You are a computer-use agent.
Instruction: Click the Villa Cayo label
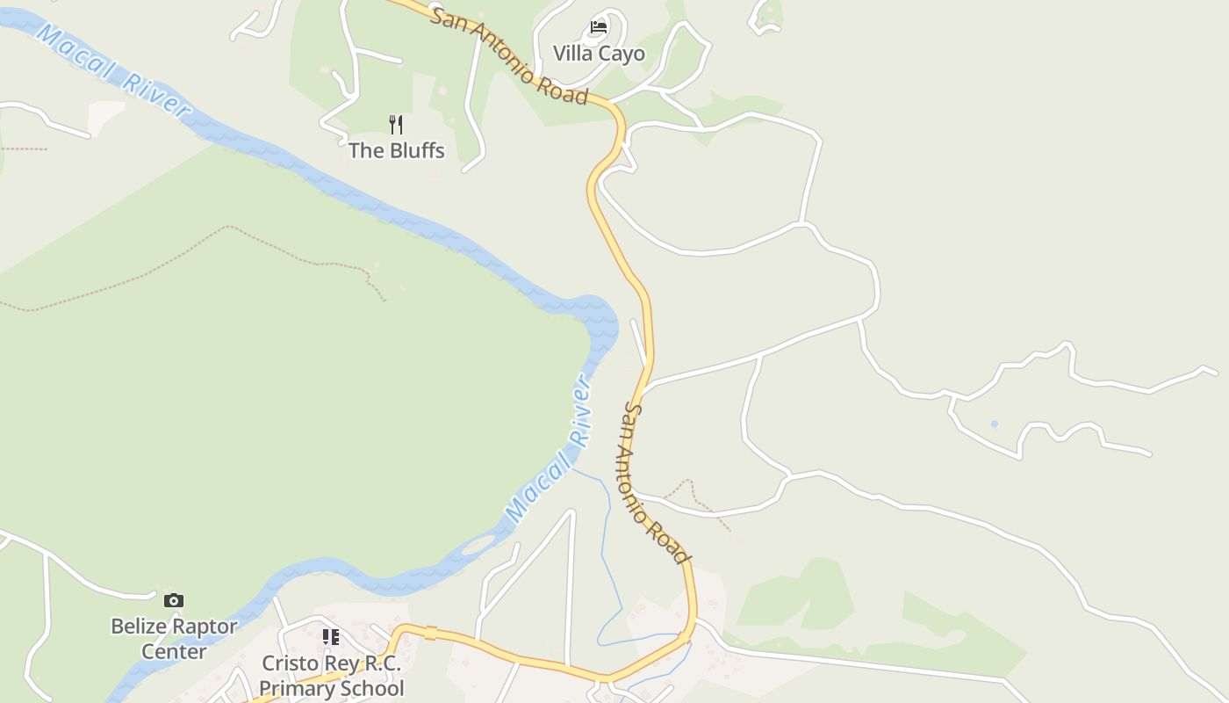point(599,54)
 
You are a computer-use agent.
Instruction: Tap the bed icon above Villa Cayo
point(599,27)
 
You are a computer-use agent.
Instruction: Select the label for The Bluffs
point(397,150)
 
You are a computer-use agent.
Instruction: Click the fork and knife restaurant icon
point(396,124)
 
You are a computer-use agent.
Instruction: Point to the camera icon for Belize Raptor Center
point(174,600)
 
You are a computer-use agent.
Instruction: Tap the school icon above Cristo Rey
point(330,637)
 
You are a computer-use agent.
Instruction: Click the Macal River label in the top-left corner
point(114,70)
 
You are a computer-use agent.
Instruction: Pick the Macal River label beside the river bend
point(548,450)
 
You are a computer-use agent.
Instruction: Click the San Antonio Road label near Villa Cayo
point(509,56)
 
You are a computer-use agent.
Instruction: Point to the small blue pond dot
point(995,424)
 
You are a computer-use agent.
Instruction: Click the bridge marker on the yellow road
point(431,632)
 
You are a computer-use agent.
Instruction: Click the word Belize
point(139,627)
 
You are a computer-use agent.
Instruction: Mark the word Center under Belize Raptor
point(174,652)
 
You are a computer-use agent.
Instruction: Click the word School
point(370,688)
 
